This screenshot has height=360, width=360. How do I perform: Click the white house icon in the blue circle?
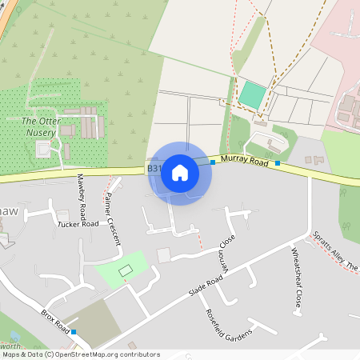180,173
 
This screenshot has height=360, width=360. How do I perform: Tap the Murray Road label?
244,161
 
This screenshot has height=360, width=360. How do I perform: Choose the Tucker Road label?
78,224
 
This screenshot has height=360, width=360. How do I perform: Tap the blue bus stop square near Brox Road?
74,331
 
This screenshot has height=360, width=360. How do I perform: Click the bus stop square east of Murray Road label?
278,163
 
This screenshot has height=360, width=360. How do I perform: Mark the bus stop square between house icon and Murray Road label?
212,162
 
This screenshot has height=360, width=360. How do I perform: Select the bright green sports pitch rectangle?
252,96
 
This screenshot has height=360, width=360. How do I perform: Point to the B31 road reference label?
154,169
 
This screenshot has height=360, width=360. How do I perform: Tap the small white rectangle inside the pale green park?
125,271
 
